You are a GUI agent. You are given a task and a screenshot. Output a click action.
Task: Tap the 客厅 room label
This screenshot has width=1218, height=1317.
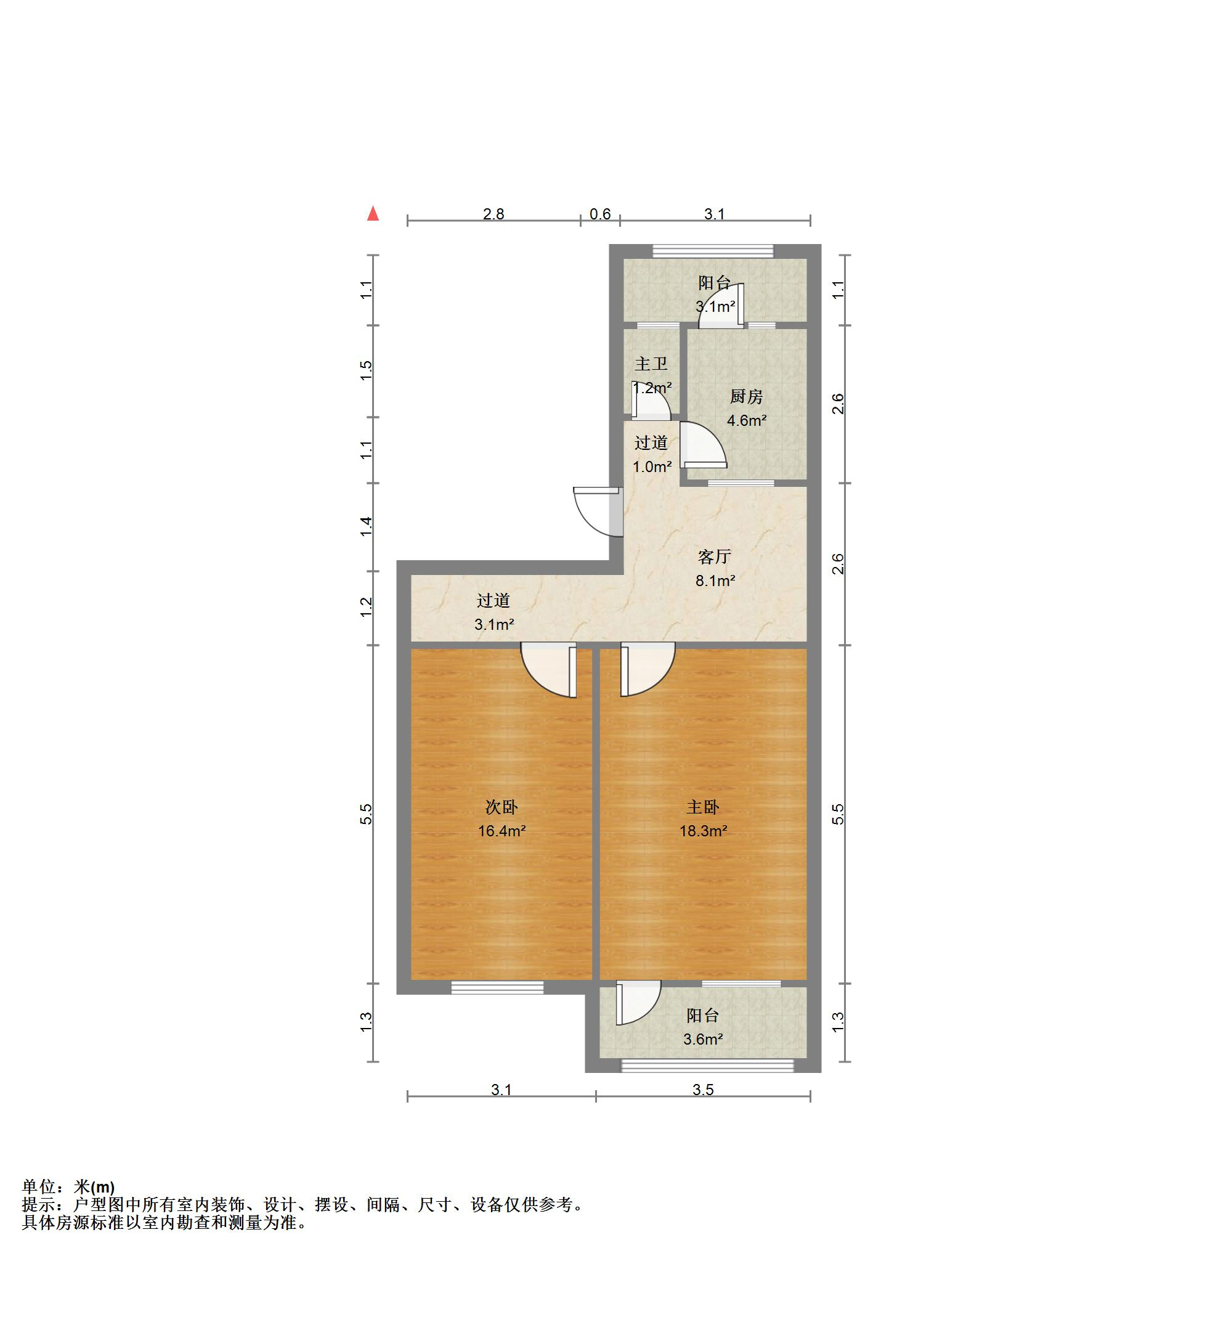pyautogui.click(x=715, y=557)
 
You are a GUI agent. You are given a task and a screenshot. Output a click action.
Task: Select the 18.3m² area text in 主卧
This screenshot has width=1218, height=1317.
pyautogui.click(x=703, y=831)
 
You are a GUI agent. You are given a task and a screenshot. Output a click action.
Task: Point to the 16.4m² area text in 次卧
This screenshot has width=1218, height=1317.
pyautogui.click(x=501, y=831)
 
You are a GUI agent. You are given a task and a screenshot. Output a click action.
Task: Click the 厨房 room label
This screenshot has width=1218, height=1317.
pyautogui.click(x=746, y=397)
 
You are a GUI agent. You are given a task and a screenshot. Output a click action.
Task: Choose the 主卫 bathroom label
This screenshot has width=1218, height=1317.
pyautogui.click(x=651, y=364)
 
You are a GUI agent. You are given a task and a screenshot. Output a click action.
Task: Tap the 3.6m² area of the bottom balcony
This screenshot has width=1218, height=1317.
pyautogui.click(x=702, y=1040)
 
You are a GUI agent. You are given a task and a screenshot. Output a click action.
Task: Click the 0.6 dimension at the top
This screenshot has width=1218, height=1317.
pyautogui.click(x=600, y=214)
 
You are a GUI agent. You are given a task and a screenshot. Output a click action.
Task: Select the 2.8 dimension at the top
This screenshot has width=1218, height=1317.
pyautogui.click(x=493, y=214)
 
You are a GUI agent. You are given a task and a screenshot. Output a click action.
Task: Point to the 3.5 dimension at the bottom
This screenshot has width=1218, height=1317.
pyautogui.click(x=703, y=1090)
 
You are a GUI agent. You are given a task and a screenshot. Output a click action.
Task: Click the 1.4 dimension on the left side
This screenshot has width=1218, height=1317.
pyautogui.click(x=367, y=526)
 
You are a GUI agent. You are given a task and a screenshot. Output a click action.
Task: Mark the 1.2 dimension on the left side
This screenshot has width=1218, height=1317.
pyautogui.click(x=367, y=607)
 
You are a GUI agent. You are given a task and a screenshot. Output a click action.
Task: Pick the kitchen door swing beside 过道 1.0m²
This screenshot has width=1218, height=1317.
pyautogui.click(x=702, y=445)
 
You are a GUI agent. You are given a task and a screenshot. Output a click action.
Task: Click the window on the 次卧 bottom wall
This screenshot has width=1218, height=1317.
pyautogui.click(x=498, y=987)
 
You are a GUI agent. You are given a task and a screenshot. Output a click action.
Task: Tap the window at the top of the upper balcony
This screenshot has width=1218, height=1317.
pyautogui.click(x=713, y=251)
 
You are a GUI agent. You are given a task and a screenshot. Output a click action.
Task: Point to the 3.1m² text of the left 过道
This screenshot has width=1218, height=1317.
pyautogui.click(x=493, y=624)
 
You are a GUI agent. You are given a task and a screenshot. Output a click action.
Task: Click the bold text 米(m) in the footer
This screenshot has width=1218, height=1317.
pyautogui.click(x=94, y=1187)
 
